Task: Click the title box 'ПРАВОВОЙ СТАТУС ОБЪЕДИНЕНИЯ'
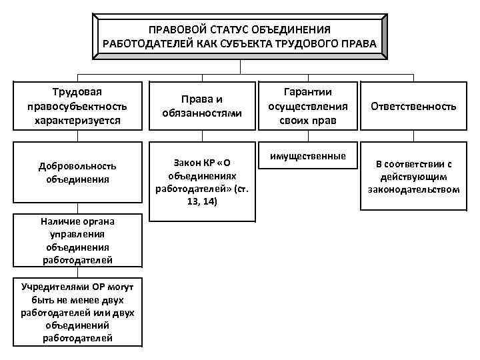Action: coord(239,37)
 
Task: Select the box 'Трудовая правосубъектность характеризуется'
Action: coord(79,105)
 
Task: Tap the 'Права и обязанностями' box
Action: coord(202,105)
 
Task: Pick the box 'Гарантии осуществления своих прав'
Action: coord(307,105)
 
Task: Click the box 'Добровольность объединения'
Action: coord(79,172)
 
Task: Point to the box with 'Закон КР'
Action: coord(202,181)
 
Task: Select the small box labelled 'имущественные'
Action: coord(307,156)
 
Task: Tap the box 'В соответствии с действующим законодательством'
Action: coord(413,176)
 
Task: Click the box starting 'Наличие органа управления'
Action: coord(79,240)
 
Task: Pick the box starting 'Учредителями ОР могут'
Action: coord(79,312)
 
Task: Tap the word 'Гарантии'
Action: coord(307,92)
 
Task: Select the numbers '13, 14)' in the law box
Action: coord(202,201)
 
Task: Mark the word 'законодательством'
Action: coord(413,189)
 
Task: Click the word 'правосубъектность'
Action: coord(79,106)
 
